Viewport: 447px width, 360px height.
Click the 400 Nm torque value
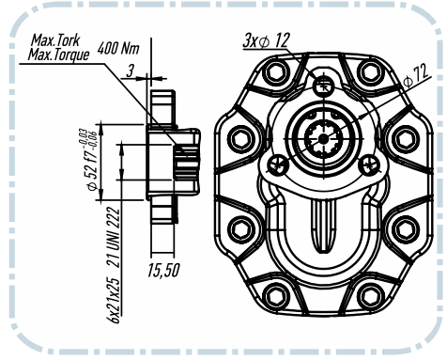[x=118, y=48]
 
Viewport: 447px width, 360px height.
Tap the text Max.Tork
[x=55, y=40]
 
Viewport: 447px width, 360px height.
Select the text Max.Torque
[x=58, y=55]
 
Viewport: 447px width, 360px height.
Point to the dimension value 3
[x=130, y=71]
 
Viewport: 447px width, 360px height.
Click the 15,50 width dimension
[x=163, y=270]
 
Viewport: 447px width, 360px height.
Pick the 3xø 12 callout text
[x=267, y=40]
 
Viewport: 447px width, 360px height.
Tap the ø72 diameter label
[x=416, y=76]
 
